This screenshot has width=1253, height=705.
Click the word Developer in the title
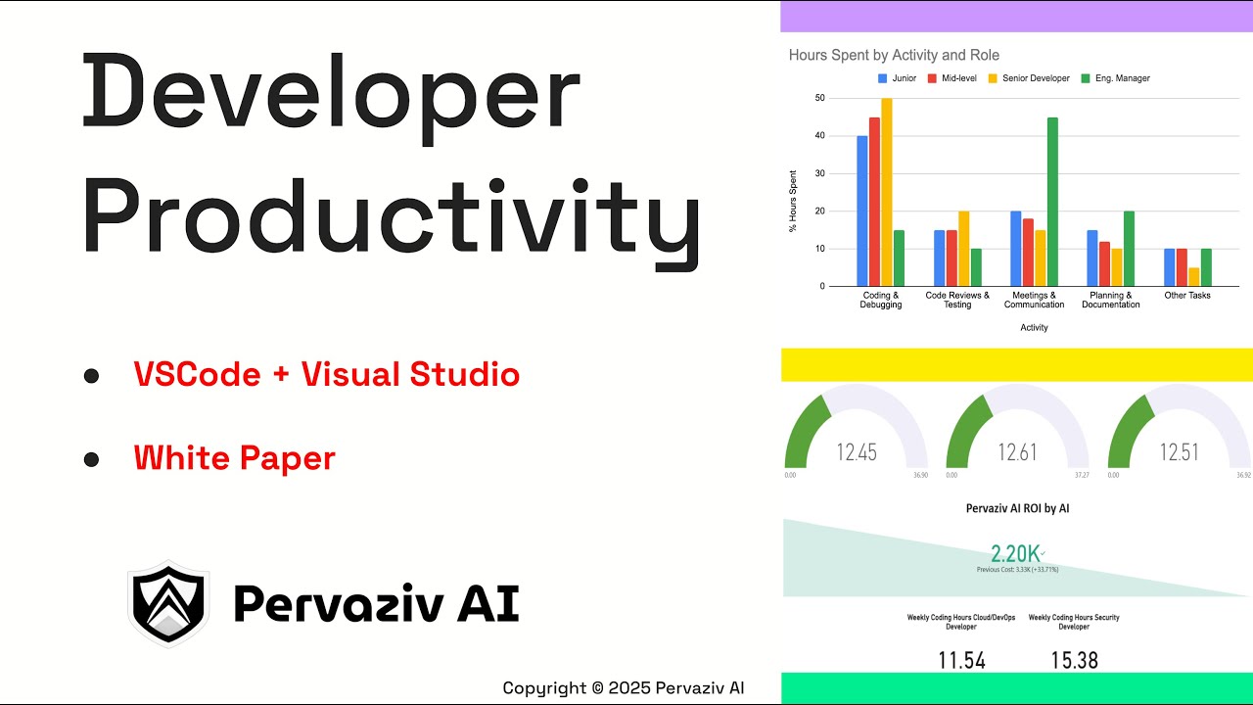click(x=331, y=96)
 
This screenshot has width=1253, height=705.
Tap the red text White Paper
click(x=235, y=457)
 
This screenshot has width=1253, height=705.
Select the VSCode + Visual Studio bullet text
click(x=327, y=374)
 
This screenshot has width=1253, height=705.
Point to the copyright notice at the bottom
click(x=624, y=687)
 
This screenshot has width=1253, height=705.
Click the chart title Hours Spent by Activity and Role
click(x=894, y=55)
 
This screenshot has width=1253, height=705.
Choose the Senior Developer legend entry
click(x=1027, y=78)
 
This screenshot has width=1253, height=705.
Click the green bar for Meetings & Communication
click(x=1052, y=202)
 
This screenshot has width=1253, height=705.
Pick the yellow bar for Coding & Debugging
click(x=887, y=192)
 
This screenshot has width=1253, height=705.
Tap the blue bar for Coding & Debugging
click(x=862, y=211)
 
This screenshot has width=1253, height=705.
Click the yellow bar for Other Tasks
click(x=1194, y=277)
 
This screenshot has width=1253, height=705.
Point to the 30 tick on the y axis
click(x=819, y=173)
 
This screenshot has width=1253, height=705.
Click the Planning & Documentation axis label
click(x=1111, y=300)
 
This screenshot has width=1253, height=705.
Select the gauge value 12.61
click(x=1017, y=451)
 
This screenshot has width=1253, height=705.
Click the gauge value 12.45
click(x=856, y=451)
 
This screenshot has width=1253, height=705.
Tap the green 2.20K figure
click(x=1015, y=553)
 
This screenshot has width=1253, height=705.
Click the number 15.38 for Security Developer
click(x=1074, y=660)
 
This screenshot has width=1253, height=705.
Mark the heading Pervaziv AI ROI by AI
click(x=1017, y=508)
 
